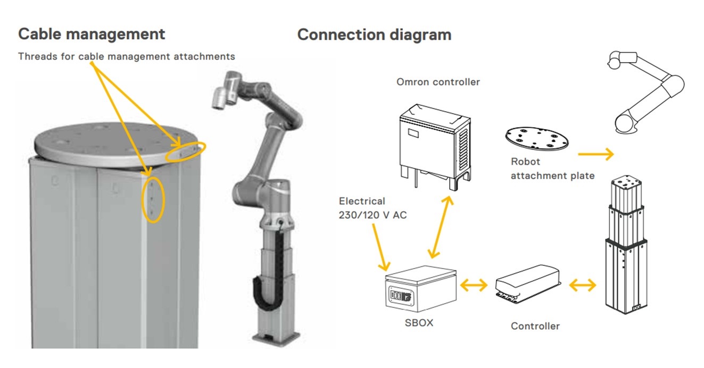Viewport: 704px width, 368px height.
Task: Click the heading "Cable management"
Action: click(x=92, y=34)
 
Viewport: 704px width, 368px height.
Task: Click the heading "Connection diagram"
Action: click(x=374, y=35)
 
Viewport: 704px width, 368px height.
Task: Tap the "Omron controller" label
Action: click(x=438, y=82)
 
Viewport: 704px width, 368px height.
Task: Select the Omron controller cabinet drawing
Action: click(x=435, y=147)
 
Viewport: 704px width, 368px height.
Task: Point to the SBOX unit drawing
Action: click(x=421, y=288)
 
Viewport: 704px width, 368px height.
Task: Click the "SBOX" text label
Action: click(x=419, y=323)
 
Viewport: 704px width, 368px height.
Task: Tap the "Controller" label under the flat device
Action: click(x=535, y=326)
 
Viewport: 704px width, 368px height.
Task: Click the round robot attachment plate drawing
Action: click(x=537, y=138)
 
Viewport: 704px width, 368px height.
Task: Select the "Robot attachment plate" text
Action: click(x=552, y=169)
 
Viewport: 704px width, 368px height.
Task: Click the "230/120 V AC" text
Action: click(x=372, y=215)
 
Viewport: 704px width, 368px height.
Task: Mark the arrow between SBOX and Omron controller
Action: click(x=441, y=227)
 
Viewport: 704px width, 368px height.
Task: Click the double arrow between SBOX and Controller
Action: click(x=474, y=286)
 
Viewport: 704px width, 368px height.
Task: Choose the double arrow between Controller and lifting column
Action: click(x=582, y=286)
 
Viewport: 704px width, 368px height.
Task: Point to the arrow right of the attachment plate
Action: click(x=595, y=154)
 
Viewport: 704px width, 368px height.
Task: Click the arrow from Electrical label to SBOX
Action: click(x=380, y=247)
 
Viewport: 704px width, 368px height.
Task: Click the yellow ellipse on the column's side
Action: click(x=153, y=200)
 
